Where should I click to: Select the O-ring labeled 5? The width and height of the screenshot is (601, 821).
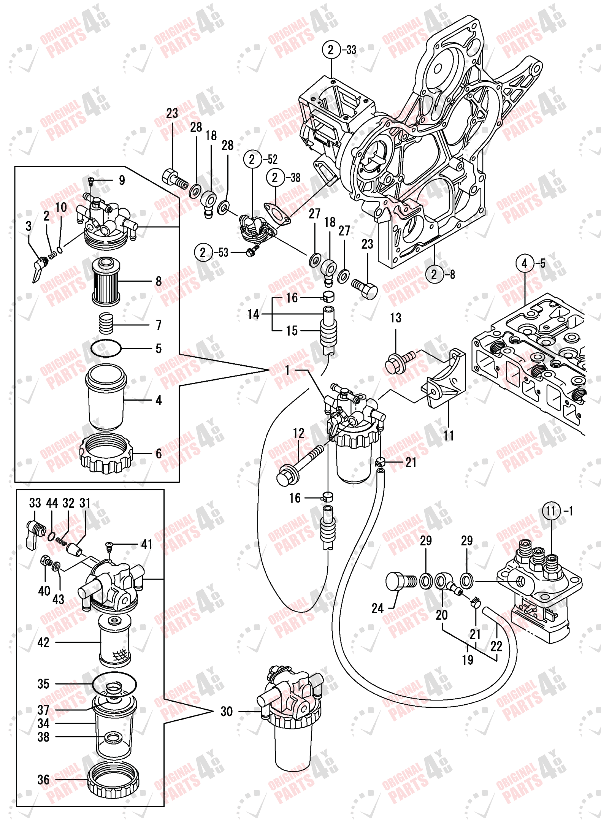click(x=106, y=348)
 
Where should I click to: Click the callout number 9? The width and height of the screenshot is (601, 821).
click(x=122, y=180)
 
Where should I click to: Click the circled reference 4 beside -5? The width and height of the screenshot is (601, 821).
click(x=525, y=263)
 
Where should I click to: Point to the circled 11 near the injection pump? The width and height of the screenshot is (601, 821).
click(x=551, y=511)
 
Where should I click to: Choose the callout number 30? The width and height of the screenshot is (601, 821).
click(x=227, y=711)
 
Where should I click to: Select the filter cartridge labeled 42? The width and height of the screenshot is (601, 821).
click(x=114, y=642)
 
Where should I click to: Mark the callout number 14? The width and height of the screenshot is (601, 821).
click(x=253, y=314)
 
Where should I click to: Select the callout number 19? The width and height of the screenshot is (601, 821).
click(x=468, y=660)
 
